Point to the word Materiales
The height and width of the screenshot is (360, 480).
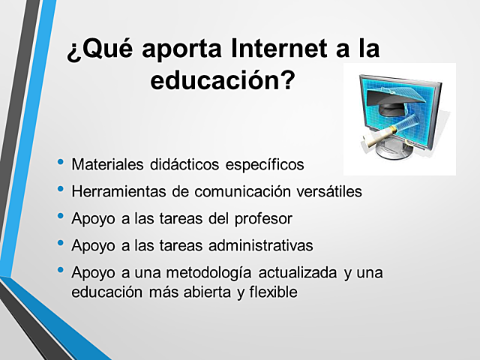(x=107, y=164)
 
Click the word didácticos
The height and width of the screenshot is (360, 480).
(x=184, y=164)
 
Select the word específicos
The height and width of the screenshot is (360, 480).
(x=266, y=164)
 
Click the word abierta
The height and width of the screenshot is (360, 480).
(x=204, y=292)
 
